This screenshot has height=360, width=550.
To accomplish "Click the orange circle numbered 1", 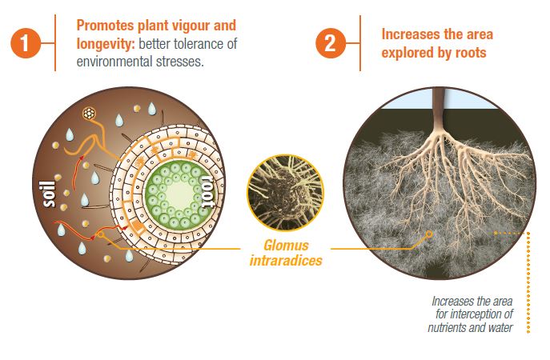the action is point(25,43).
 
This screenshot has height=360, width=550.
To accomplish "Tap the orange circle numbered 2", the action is point(330,43).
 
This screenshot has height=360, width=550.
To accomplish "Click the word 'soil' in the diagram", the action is point(50,194).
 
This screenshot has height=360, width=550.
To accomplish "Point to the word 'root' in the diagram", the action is point(207,192).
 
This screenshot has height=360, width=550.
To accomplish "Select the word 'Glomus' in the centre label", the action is point(286,246).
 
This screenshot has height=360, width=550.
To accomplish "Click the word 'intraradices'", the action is point(286,261).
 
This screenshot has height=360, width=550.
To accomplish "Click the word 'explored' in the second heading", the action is point(404,53).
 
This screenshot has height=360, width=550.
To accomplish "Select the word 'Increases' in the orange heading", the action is point(407,34).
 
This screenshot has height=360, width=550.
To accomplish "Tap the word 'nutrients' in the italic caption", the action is point(447,328).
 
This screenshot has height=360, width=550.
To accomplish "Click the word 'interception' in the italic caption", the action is point(485,314).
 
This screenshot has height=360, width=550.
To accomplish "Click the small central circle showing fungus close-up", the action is point(285,193).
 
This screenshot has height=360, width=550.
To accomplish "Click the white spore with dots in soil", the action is point(89,114).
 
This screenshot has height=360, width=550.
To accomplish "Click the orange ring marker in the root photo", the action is point(429,234).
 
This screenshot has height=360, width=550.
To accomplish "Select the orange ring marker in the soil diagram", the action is point(101,234).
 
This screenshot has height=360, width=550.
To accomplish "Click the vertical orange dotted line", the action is point(528,282).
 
